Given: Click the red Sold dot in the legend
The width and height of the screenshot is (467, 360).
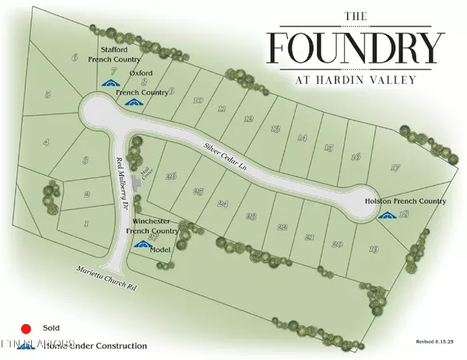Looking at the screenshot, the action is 25,328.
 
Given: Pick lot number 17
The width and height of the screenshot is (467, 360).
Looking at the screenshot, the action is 395,168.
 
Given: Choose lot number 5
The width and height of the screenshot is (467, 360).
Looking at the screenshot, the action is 47,95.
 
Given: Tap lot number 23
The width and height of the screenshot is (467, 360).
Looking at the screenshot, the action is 251,216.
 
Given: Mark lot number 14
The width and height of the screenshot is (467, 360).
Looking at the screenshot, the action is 301,138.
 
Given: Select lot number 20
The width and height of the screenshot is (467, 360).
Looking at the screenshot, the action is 337,244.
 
